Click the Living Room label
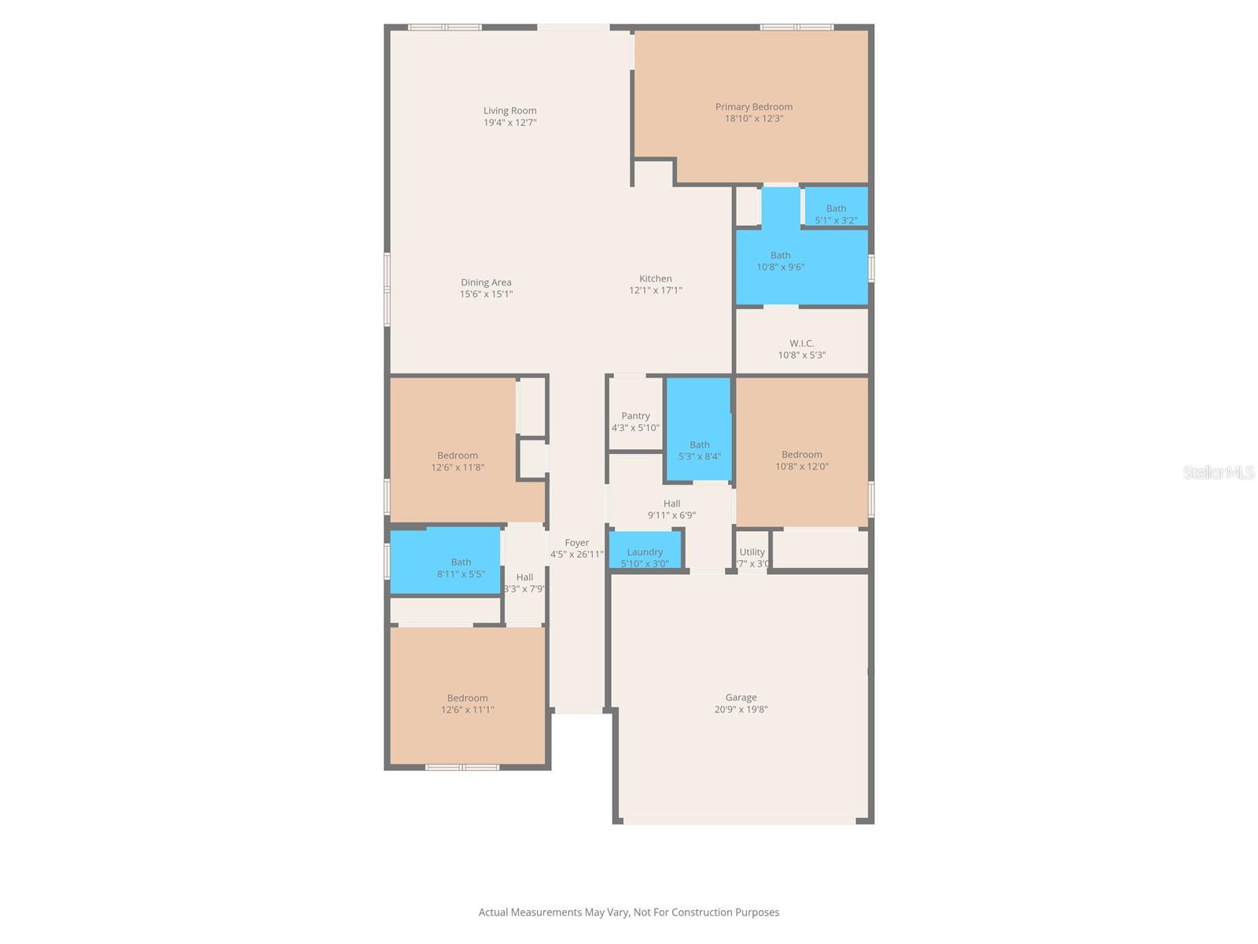tap(509, 111)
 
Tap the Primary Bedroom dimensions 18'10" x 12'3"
tap(753, 119)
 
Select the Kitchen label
tap(655, 278)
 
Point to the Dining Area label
tap(486, 282)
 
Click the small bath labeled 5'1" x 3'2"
tap(836, 214)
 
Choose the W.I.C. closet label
tap(801, 343)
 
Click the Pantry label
tap(635, 416)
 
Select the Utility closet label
tap(752, 552)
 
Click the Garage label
tap(741, 698)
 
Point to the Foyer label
tap(576, 543)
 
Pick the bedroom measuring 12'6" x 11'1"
tap(467, 703)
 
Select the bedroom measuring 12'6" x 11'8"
tap(457, 461)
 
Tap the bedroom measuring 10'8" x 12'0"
tap(801, 460)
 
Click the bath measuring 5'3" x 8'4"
tap(699, 450)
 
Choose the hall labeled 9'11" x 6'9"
tap(671, 509)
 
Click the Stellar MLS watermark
tap(1218, 472)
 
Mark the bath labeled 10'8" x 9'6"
tap(780, 261)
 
